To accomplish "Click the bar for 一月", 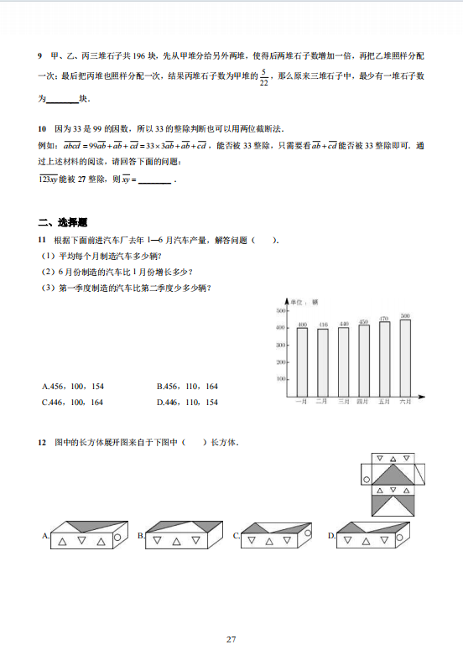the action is point(302,361).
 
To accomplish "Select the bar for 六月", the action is point(405,357).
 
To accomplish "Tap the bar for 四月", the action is point(364,360).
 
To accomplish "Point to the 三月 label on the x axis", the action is point(343,403).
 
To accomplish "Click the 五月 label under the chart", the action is point(385,403).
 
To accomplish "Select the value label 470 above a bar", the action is point(385,319).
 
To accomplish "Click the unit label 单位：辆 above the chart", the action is point(303,301).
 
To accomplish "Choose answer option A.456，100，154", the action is point(73,387).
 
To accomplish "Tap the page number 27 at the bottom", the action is point(231,639).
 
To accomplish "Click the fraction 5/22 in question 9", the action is point(264,77).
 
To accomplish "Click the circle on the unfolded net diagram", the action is point(367,480).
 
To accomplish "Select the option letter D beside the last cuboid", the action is point(331,535).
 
